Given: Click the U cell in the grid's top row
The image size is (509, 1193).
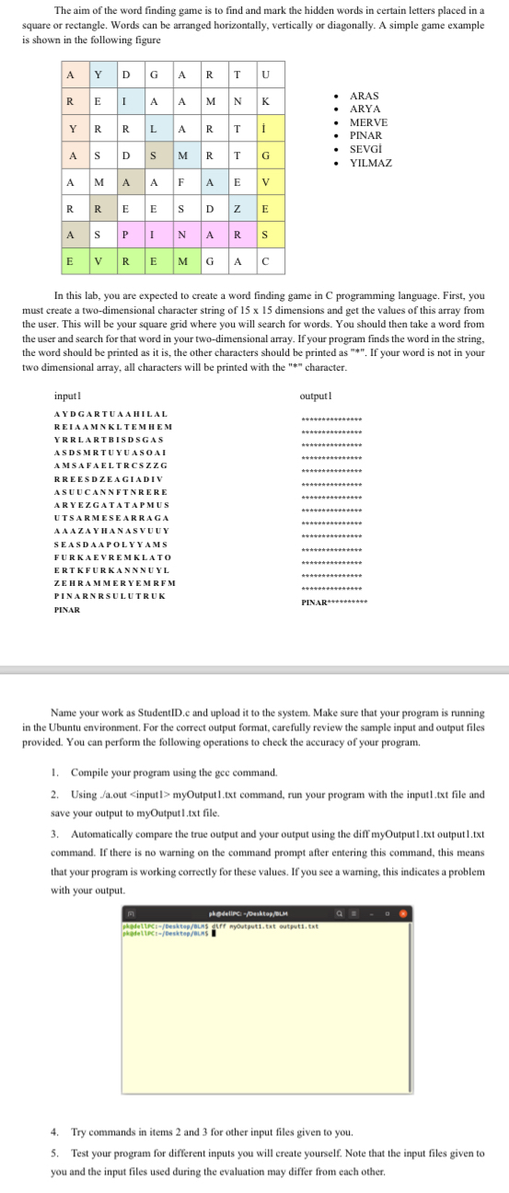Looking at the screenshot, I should [x=266, y=75].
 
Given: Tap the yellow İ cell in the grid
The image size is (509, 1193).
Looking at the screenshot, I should [x=266, y=128].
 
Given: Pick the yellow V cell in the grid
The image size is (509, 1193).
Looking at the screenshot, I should [x=266, y=181].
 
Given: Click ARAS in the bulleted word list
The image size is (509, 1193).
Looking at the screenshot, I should [x=364, y=96].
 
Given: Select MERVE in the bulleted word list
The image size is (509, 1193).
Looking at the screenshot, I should [x=369, y=122].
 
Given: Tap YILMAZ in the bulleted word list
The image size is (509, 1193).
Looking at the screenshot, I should [x=372, y=163].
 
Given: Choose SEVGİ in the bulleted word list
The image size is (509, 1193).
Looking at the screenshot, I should [x=366, y=149].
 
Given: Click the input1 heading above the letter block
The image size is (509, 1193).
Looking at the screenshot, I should [x=67, y=396].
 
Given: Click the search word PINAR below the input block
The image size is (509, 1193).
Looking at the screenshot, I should [x=67, y=610].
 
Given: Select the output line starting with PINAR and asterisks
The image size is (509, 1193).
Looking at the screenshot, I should [x=333, y=602].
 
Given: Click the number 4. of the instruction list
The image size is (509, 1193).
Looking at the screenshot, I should [x=55, y=1130].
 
